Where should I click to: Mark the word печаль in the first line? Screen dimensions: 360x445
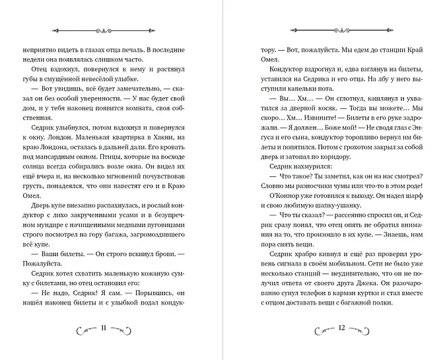tap(143, 50)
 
